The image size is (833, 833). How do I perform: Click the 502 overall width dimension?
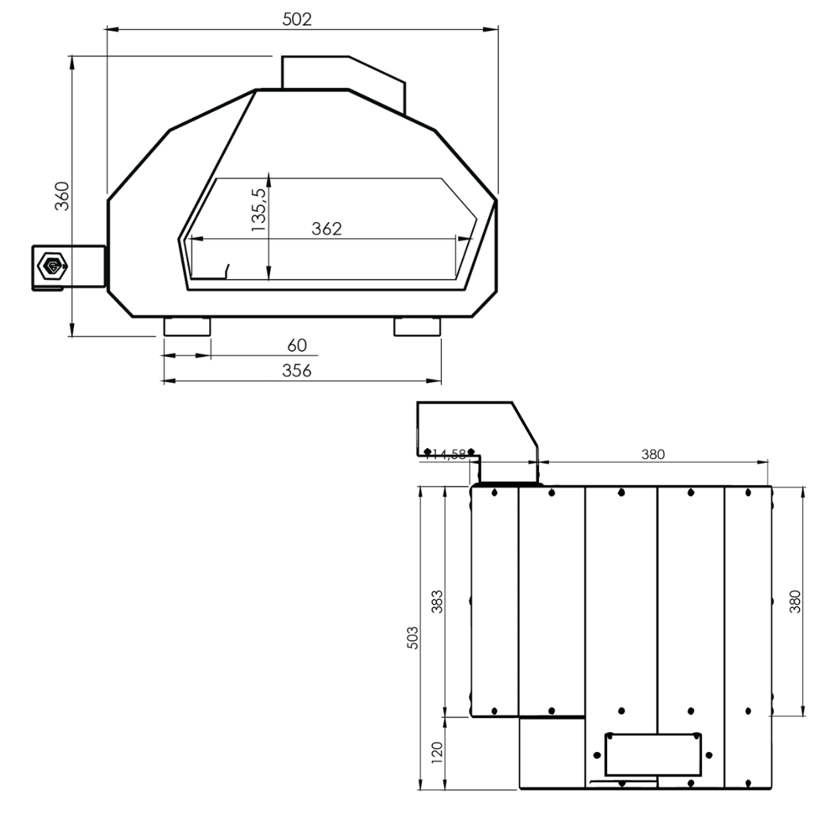(x=297, y=19)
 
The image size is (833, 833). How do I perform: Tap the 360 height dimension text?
(x=62, y=196)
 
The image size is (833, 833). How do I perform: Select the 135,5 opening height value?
(x=258, y=210)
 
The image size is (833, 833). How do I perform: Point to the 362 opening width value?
(x=327, y=229)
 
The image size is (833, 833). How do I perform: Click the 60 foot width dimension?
(x=297, y=346)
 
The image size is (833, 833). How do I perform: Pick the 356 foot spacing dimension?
(x=297, y=370)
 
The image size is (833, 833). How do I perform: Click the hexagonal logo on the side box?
(x=52, y=265)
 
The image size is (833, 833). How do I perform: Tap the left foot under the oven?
(x=187, y=327)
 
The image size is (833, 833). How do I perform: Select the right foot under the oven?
(x=417, y=327)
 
